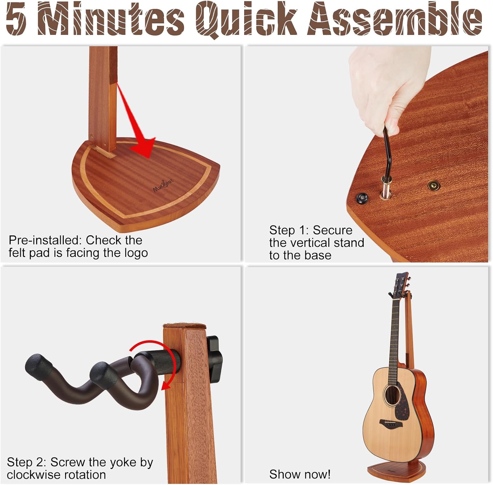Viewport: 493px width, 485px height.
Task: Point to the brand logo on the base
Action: pyautogui.click(x=163, y=185)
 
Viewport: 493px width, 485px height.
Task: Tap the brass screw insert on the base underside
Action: pyautogui.click(x=434, y=186)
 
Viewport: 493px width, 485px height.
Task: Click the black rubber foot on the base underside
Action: pyautogui.click(x=362, y=198)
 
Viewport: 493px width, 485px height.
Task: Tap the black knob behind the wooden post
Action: pyautogui.click(x=214, y=359)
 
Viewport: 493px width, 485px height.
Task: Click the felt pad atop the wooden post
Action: pyautogui.click(x=184, y=326)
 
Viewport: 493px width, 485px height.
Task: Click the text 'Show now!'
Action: pyautogui.click(x=300, y=474)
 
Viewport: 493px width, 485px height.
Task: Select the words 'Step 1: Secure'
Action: pyautogui.click(x=311, y=230)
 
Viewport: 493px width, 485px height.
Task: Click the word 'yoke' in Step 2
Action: pyautogui.click(x=123, y=462)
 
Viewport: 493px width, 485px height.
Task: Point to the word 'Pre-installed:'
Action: pyautogui.click(x=46, y=240)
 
